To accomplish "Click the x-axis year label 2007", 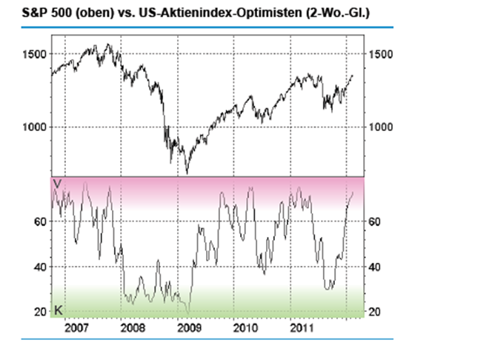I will coord(77,326).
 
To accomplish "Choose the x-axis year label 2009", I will coord(189,326).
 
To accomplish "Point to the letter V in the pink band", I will coord(56,182).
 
